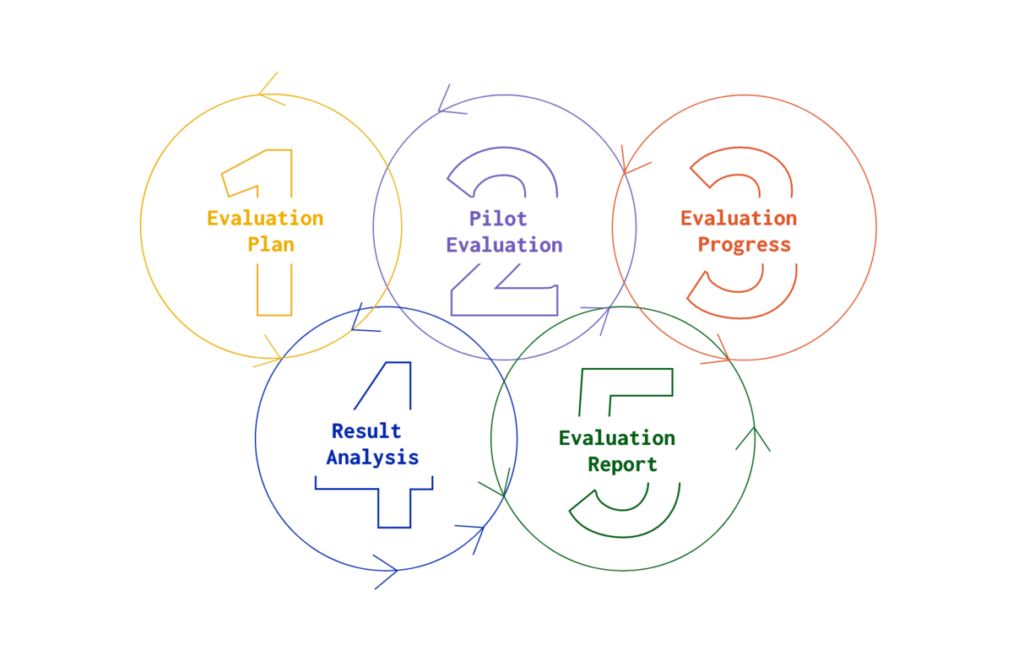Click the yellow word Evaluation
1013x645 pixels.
click(265, 218)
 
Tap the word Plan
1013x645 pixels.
click(270, 245)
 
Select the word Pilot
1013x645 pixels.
click(498, 219)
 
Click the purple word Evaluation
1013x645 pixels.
click(504, 246)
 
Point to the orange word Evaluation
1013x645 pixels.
click(739, 218)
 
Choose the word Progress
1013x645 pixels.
click(744, 245)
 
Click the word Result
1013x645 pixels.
click(366, 431)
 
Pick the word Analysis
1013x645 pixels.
click(372, 458)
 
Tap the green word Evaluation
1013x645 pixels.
click(617, 437)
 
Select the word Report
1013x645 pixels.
click(622, 464)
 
